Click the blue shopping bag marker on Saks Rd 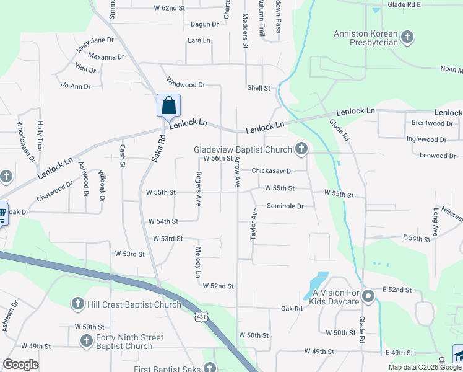168,106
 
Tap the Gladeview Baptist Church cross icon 301,148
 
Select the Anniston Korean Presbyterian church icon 407,37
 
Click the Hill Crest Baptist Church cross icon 78,304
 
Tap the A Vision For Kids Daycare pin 368,296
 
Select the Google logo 21,365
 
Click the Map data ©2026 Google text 425,367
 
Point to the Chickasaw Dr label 272,170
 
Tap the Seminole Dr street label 285,206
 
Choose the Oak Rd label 291,308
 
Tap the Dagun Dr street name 205,24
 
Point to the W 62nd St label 169,8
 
